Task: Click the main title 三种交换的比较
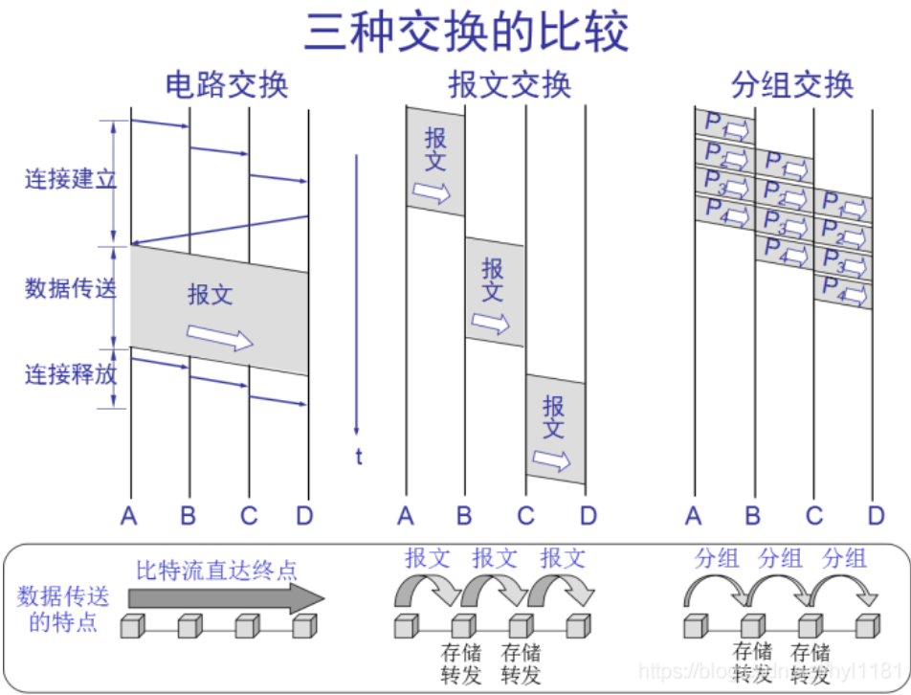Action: (x=466, y=32)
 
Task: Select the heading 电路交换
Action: (x=227, y=85)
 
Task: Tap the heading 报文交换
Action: (x=510, y=85)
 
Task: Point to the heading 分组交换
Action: (x=791, y=85)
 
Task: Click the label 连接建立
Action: (x=70, y=179)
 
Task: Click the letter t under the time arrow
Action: (x=359, y=457)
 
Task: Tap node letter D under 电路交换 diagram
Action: (x=304, y=517)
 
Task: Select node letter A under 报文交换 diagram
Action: (x=406, y=517)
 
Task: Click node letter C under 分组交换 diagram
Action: (x=814, y=517)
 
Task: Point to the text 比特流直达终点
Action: (x=216, y=572)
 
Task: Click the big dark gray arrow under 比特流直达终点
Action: (x=226, y=598)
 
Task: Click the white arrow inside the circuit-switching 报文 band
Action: (x=220, y=336)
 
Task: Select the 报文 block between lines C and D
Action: (x=555, y=428)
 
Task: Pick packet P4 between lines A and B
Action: (x=724, y=212)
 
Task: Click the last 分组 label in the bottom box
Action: (x=844, y=558)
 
